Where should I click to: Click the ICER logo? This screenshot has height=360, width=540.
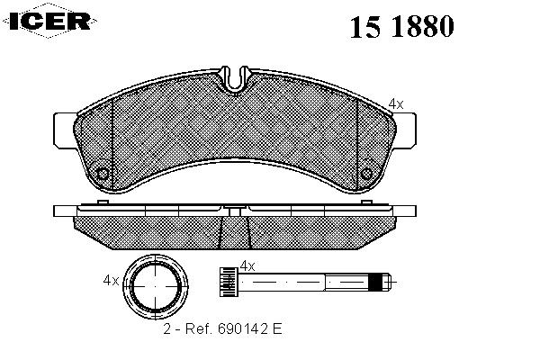point(49,21)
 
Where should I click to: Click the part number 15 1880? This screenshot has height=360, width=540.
point(401,26)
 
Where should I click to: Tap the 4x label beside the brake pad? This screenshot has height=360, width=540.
point(396,103)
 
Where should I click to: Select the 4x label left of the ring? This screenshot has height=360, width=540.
point(111,281)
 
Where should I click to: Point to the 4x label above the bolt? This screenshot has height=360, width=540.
point(247,266)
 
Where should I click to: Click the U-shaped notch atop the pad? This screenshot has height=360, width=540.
point(235,79)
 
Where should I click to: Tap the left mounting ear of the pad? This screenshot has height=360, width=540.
point(65,130)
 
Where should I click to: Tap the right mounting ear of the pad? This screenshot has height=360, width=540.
point(406,130)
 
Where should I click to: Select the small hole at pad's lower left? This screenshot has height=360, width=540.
point(103,174)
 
